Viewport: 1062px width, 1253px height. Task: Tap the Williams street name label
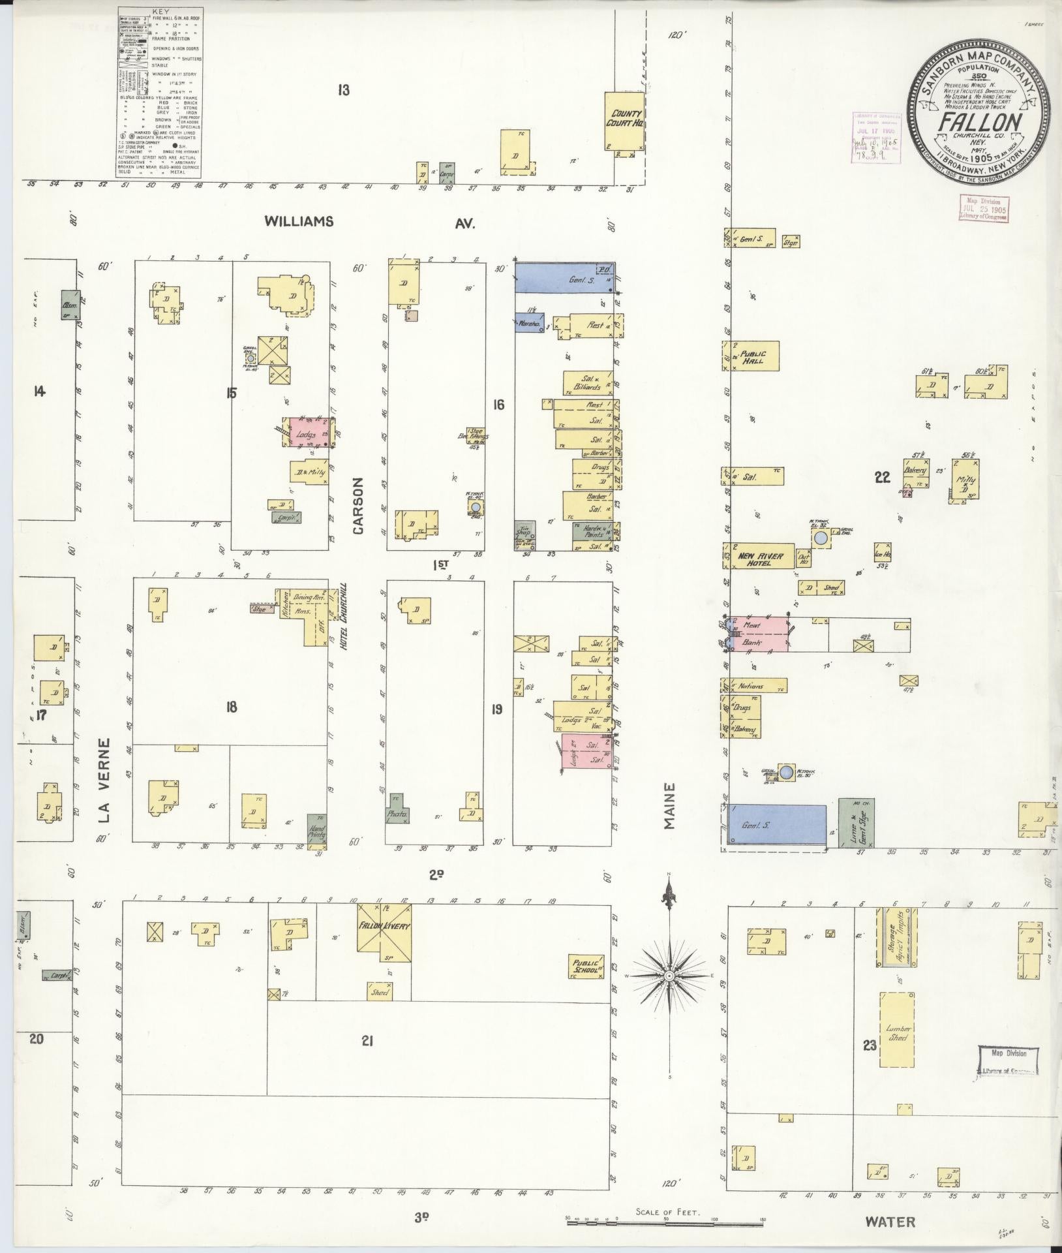(x=299, y=222)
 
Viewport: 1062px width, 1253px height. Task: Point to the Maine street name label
(x=670, y=806)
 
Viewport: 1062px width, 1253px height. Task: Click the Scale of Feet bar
(x=665, y=1221)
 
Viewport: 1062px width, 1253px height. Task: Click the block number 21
(x=367, y=1042)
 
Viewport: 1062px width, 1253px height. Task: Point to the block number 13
(x=343, y=90)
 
